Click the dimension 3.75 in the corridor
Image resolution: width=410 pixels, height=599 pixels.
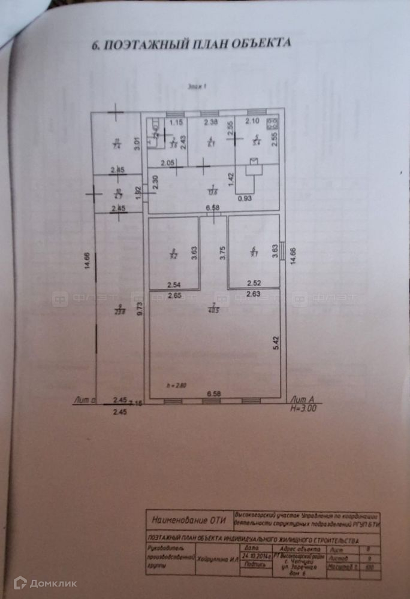(223, 252)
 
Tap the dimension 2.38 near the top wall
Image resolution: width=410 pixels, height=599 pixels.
(210, 123)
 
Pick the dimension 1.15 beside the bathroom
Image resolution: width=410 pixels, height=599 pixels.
(175, 123)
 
